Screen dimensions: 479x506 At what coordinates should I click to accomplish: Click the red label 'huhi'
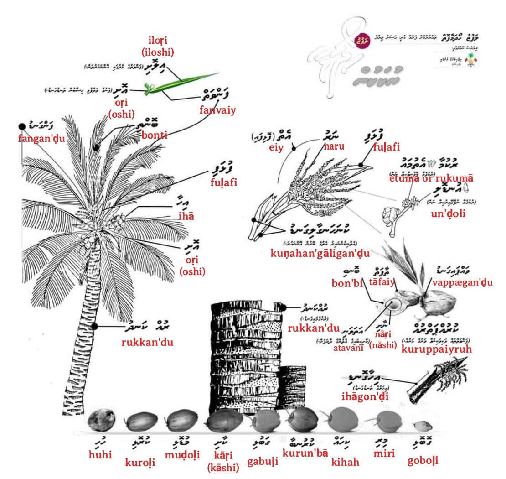[x=100, y=454]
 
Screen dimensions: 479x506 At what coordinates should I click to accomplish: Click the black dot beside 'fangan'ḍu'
[x=21, y=126]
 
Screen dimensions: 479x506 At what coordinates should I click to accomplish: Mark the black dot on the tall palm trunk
[x=95, y=326]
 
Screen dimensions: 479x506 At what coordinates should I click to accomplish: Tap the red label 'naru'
[x=334, y=147]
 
